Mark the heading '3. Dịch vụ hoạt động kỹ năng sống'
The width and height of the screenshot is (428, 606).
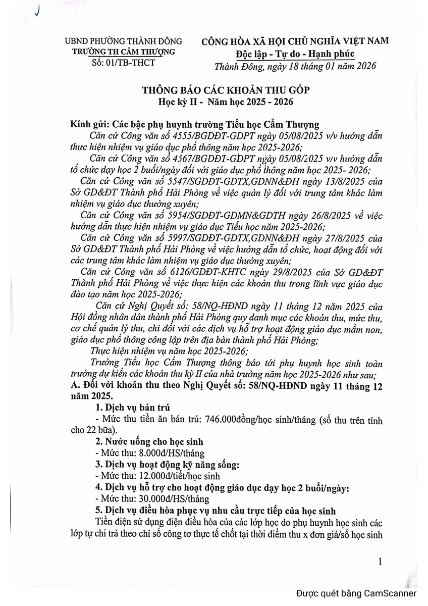[x=167, y=464]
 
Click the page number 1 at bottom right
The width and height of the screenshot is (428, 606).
[x=380, y=562]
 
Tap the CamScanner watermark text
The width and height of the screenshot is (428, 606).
[x=356, y=593]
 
